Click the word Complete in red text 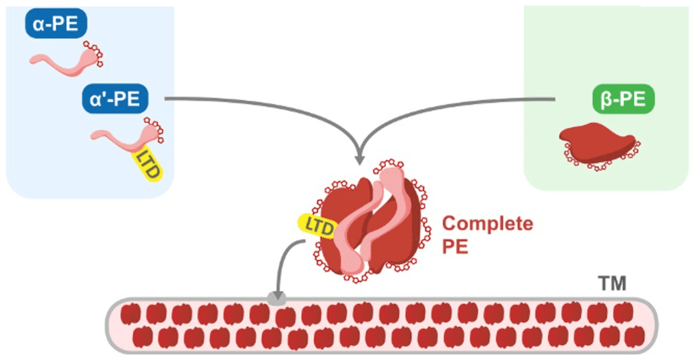coord(487,225)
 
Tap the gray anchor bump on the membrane coord(276,298)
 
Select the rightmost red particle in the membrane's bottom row coord(636,336)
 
